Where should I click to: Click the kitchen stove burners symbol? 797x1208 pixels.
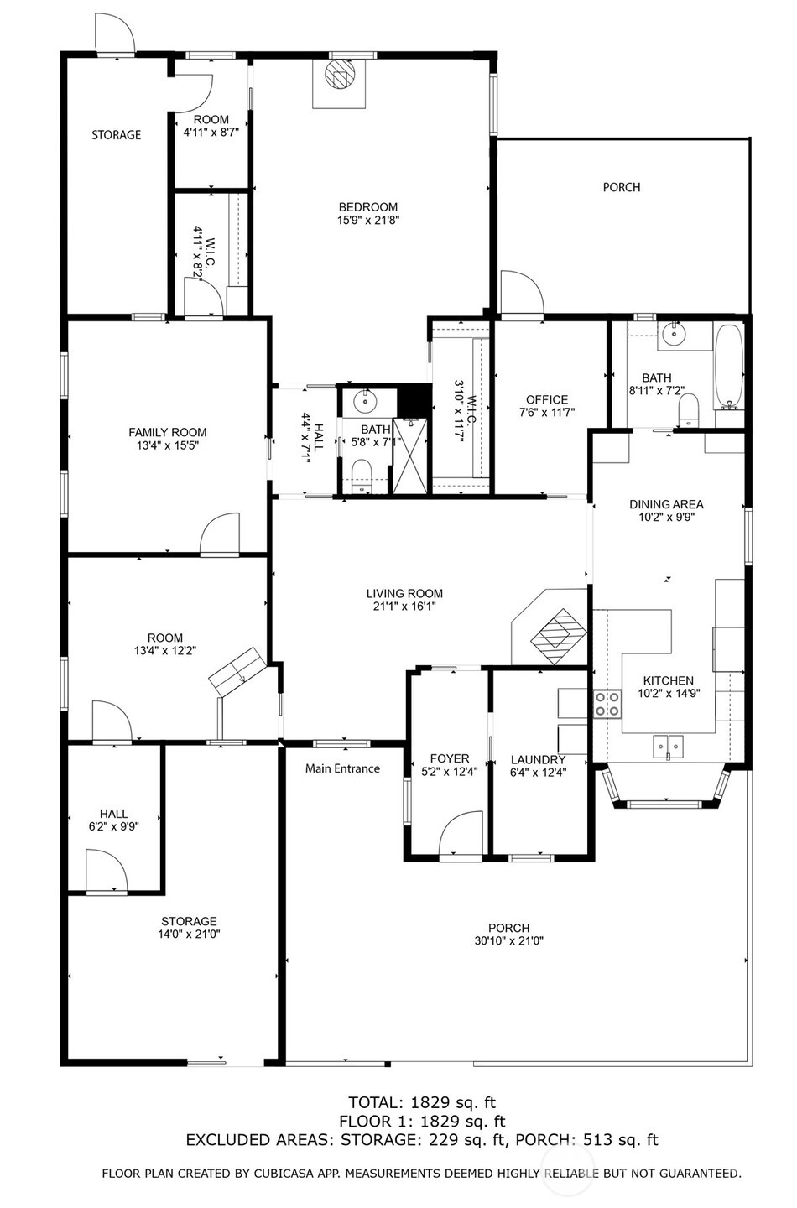pos(607,705)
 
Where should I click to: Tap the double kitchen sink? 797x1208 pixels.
pos(668,747)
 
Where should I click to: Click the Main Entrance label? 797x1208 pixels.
pos(342,768)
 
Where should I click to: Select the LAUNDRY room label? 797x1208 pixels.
pos(538,760)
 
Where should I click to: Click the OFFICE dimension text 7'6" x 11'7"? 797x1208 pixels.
pos(547,413)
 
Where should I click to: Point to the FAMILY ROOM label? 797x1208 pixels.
pos(167,432)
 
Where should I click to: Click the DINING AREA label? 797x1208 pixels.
pos(666,504)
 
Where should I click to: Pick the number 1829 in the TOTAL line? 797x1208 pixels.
pos(430,1101)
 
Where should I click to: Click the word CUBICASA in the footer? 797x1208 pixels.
pos(284,1174)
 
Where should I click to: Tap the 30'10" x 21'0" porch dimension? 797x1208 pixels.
pos(508,941)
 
